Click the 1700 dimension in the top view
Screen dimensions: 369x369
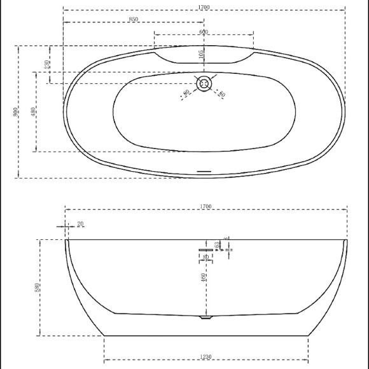[x=204, y=7]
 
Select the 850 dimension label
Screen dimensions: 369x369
[x=133, y=20]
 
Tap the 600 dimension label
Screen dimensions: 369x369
[x=204, y=32]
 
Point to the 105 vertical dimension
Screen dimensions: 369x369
[x=201, y=55]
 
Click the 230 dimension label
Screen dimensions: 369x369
[x=47, y=65]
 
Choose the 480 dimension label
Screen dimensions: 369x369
[x=33, y=112]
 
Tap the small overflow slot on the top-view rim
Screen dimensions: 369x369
[x=204, y=171]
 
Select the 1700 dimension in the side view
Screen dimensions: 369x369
[x=205, y=206]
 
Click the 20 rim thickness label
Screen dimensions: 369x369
[x=80, y=223]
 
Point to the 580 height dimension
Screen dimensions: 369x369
[x=37, y=288]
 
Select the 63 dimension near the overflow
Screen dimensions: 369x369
[x=217, y=244]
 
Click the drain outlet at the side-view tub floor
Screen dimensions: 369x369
[x=204, y=317]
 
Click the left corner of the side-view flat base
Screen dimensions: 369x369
[x=104, y=335]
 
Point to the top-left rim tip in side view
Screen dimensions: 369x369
[x=67, y=240]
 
